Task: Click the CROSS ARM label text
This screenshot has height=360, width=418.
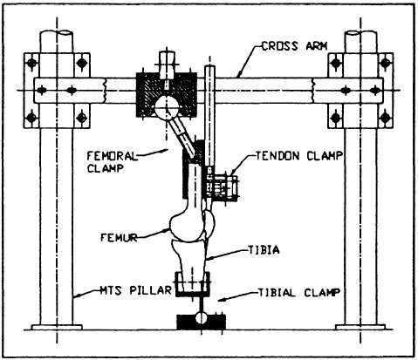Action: click(294, 46)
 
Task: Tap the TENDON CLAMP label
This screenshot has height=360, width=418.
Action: click(299, 156)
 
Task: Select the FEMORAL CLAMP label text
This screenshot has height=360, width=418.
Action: click(112, 162)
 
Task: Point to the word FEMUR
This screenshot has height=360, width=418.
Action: click(119, 237)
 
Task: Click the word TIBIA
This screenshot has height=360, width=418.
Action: click(264, 250)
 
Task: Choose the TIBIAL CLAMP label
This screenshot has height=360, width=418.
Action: click(299, 292)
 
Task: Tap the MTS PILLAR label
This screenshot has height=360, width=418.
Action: click(135, 290)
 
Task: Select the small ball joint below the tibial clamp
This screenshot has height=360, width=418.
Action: click(202, 317)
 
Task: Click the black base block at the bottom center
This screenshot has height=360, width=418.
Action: click(202, 322)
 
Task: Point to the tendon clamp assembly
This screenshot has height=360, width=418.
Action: click(222, 187)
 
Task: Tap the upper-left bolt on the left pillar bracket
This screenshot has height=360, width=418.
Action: click(31, 63)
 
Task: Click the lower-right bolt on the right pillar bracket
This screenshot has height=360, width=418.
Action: click(385, 118)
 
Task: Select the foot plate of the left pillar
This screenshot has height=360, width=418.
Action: click(57, 327)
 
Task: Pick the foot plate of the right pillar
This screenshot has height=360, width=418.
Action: click(360, 327)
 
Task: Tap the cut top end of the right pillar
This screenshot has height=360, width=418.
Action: click(360, 33)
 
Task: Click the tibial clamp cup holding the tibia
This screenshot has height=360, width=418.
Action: click(192, 284)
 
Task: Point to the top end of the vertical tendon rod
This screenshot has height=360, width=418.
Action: click(209, 67)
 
